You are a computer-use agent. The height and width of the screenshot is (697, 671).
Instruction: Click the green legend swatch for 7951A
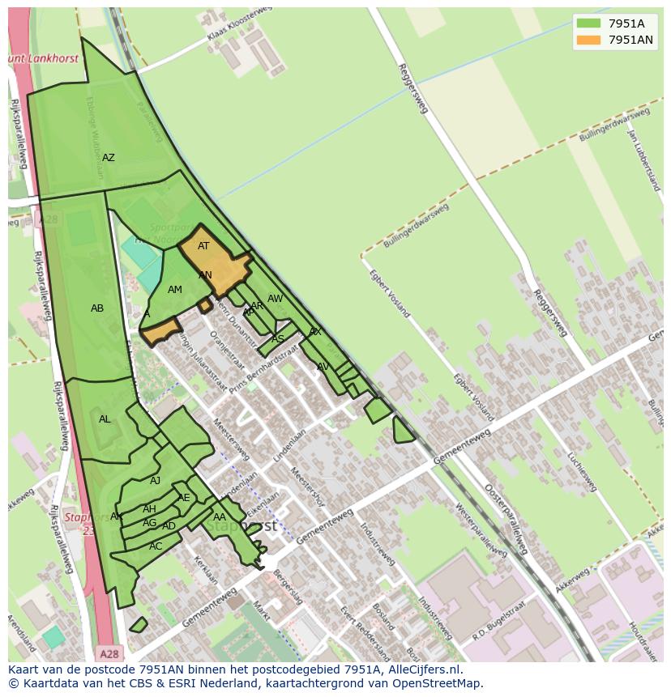point(588,23)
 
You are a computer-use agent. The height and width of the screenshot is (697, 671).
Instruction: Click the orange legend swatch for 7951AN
point(588,40)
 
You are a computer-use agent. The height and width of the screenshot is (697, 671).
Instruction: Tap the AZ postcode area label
point(108,158)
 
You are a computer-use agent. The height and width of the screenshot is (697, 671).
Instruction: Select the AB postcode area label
point(97,308)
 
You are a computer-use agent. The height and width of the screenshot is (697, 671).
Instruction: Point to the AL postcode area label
point(105,419)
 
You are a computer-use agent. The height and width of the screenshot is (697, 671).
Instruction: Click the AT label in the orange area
point(203,246)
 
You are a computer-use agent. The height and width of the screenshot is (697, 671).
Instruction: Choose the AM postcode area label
point(175,290)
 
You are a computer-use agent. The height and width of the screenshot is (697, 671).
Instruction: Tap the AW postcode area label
point(276,299)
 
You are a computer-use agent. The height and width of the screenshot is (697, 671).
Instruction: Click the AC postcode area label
point(156,546)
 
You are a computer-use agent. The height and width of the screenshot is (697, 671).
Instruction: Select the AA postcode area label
point(220,517)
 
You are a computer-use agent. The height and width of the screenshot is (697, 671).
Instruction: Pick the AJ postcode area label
point(156,481)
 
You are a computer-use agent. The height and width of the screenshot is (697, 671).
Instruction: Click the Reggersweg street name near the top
point(412,88)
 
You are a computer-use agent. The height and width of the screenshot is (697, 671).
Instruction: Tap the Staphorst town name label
point(241,525)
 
